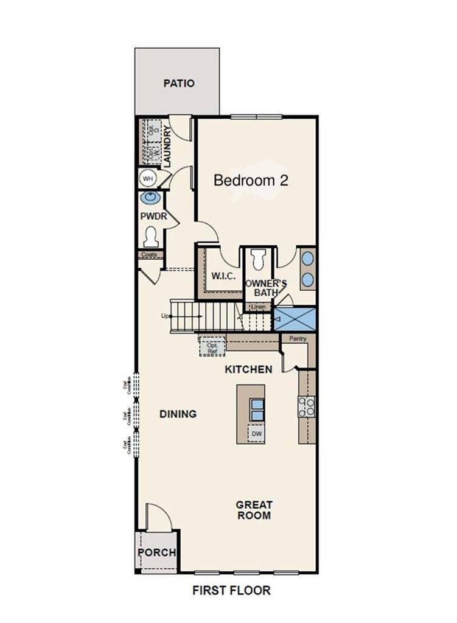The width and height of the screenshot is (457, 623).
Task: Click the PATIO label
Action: coord(179,83)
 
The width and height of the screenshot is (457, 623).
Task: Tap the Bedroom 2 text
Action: coord(250,180)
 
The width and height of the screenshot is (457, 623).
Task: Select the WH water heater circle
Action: coord(147,178)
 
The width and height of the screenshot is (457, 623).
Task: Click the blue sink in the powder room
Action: coord(150,198)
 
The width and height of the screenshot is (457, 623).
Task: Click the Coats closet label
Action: coord(149,255)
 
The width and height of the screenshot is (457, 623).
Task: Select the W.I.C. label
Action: coord(223,276)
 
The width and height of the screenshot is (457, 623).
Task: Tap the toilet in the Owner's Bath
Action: coord(258,260)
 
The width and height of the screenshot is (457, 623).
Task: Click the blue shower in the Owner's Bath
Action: coord(295,319)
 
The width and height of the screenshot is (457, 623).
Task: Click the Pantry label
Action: coord(298,339)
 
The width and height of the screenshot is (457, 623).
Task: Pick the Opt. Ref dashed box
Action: coord(212,346)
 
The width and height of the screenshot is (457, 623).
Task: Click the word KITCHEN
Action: coord(248,369)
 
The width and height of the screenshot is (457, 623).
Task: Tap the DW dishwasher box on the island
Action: coord(257,434)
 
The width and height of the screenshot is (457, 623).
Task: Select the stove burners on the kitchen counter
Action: coord(307,406)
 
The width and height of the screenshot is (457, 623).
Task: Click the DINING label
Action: coord(178,414)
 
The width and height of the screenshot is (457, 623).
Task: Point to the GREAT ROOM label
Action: coord(254,510)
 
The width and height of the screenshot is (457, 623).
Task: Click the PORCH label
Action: coord(156,552)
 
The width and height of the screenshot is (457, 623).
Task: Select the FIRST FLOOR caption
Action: coord(231,590)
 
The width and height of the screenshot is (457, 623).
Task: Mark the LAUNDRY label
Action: coord(167,141)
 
